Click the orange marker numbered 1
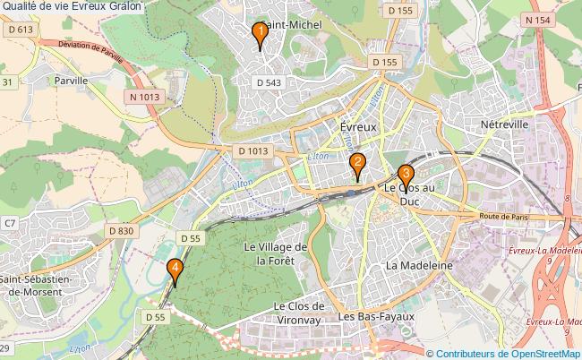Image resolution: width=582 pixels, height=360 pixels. click(259, 35)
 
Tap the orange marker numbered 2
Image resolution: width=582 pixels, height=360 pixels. click(357, 163)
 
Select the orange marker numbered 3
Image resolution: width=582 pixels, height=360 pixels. click(406, 175)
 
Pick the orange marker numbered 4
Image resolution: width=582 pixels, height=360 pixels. click(175, 268)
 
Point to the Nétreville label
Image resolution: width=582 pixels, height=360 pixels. click(504, 124)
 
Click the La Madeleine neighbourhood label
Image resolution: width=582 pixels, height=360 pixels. click(418, 266)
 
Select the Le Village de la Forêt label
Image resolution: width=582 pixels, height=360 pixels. click(276, 253)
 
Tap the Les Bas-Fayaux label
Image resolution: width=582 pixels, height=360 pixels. click(376, 317)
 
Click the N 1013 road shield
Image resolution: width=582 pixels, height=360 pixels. click(144, 97)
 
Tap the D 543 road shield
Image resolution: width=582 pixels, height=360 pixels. click(270, 82)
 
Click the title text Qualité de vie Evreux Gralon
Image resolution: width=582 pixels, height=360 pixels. click(75, 6)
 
